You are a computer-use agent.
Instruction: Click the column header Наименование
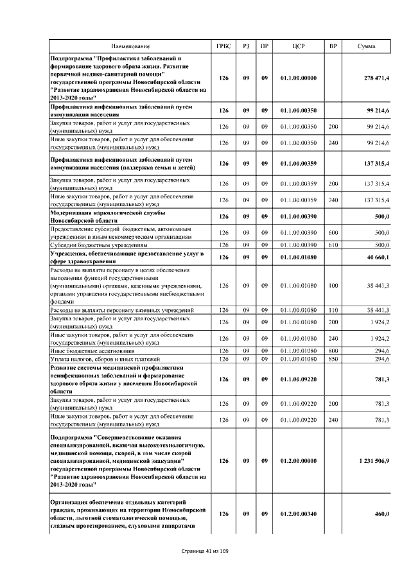[x=130, y=46]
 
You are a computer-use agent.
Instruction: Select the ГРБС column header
[x=223, y=46]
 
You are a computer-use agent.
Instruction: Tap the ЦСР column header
[x=299, y=46]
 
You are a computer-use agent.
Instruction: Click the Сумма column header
[x=367, y=46]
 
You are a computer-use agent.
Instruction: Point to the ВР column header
[x=333, y=46]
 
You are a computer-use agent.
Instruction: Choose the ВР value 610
[x=333, y=245]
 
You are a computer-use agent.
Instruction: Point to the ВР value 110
[x=333, y=311]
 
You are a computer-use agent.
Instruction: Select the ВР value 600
[x=333, y=233]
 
